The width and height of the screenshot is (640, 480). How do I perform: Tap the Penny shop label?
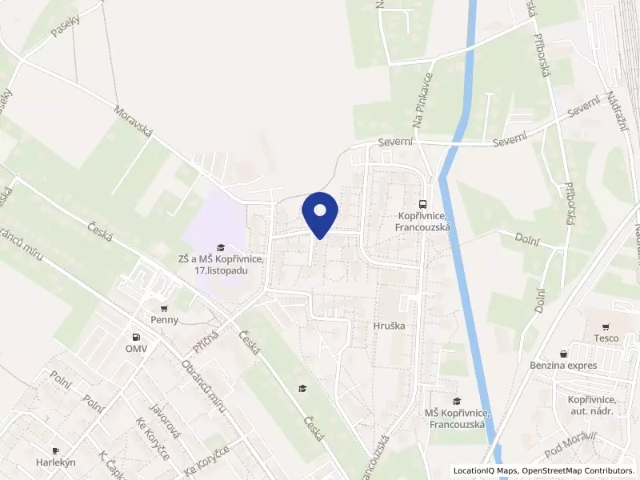pyautogui.click(x=164, y=319)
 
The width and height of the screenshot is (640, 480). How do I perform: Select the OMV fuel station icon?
pyautogui.click(x=135, y=337)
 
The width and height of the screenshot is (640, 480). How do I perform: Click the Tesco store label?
pyautogui.click(x=606, y=338)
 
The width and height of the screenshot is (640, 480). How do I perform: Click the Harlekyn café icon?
pyautogui.click(x=55, y=450)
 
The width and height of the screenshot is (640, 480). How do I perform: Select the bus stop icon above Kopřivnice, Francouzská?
pyautogui.click(x=424, y=203)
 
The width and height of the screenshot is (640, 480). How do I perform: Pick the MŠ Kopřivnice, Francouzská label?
pyautogui.click(x=455, y=418)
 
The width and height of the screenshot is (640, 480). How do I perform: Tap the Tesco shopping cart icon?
pyautogui.click(x=606, y=326)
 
